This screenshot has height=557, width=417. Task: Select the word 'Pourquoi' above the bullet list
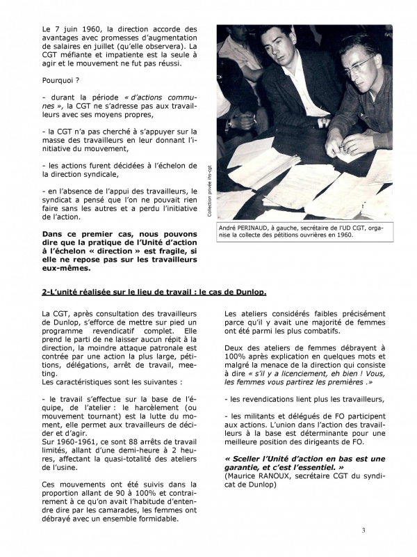coord(60,80)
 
